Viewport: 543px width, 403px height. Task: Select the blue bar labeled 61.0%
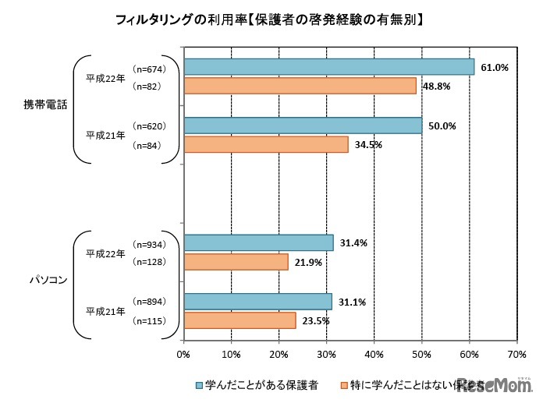click(328, 67)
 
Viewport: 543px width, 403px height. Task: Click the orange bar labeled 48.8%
click(300, 86)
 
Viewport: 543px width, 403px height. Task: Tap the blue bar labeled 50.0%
click(303, 125)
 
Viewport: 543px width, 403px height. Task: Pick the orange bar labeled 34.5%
click(265, 144)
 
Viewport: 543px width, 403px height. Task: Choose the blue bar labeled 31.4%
click(258, 242)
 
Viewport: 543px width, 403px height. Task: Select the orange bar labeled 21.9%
click(236, 262)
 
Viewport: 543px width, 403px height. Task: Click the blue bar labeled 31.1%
click(257, 301)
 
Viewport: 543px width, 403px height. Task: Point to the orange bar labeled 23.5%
click(240, 320)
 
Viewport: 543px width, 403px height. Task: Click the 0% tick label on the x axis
click(184, 354)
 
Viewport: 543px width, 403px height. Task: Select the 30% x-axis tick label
click(327, 354)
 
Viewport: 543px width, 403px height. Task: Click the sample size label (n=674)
click(146, 67)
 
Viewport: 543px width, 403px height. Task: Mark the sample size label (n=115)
click(146, 320)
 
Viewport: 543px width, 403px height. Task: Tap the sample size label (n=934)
click(146, 242)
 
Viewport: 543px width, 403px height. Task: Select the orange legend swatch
click(344, 384)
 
